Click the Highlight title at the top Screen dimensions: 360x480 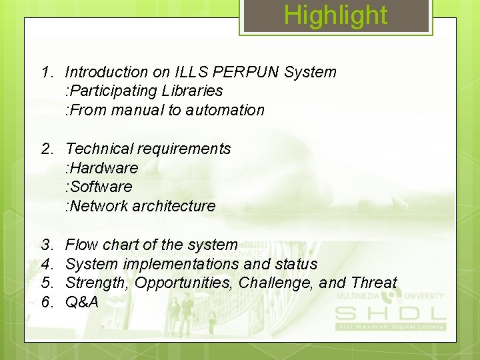click(335, 15)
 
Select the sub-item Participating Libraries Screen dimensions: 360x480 click(144, 91)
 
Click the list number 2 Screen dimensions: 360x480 click(47, 149)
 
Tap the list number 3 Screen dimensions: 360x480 click(47, 245)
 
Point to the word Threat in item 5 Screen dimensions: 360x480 click(373, 283)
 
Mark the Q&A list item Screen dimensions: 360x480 click(82, 302)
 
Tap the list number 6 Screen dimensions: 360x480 click(47, 302)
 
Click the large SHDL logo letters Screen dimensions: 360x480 click(390, 313)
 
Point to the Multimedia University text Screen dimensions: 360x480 click(390, 295)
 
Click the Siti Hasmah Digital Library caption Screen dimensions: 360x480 click(390, 327)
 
